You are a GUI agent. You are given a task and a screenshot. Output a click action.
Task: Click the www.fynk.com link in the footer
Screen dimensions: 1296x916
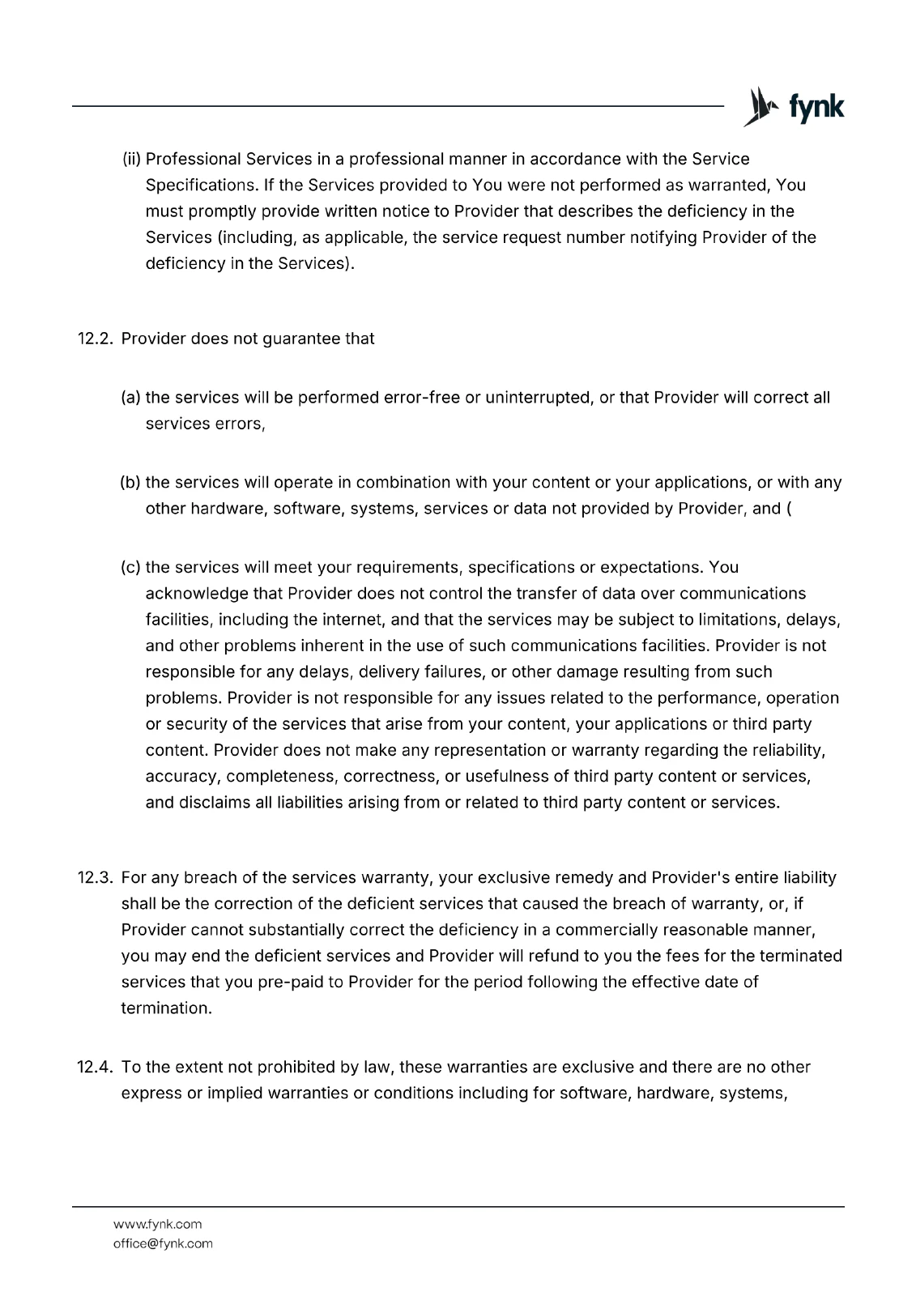(157, 1224)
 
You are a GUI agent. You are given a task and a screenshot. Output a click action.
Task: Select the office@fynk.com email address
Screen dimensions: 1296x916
(163, 1243)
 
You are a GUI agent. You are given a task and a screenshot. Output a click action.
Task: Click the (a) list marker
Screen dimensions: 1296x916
(130, 398)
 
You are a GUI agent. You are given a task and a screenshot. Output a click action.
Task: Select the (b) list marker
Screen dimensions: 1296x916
(130, 483)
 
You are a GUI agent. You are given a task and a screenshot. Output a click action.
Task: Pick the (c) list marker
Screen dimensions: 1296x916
(130, 567)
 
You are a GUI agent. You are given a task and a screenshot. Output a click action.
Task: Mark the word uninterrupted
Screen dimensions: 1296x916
(538, 398)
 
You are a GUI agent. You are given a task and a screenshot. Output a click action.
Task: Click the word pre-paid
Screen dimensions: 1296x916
(312, 982)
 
